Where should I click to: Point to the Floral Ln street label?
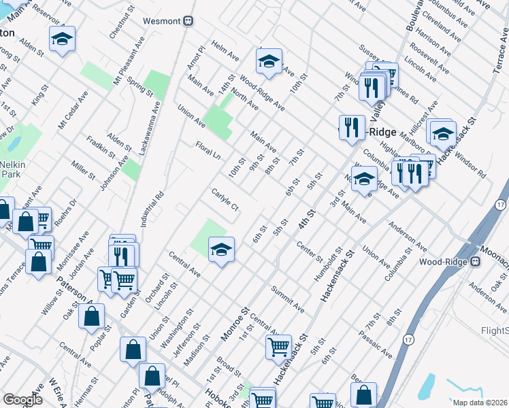coord(208,150)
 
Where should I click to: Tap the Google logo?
coord(22,399)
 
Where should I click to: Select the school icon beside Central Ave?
coord(221,251)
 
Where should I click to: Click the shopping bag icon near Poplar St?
coord(91,316)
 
